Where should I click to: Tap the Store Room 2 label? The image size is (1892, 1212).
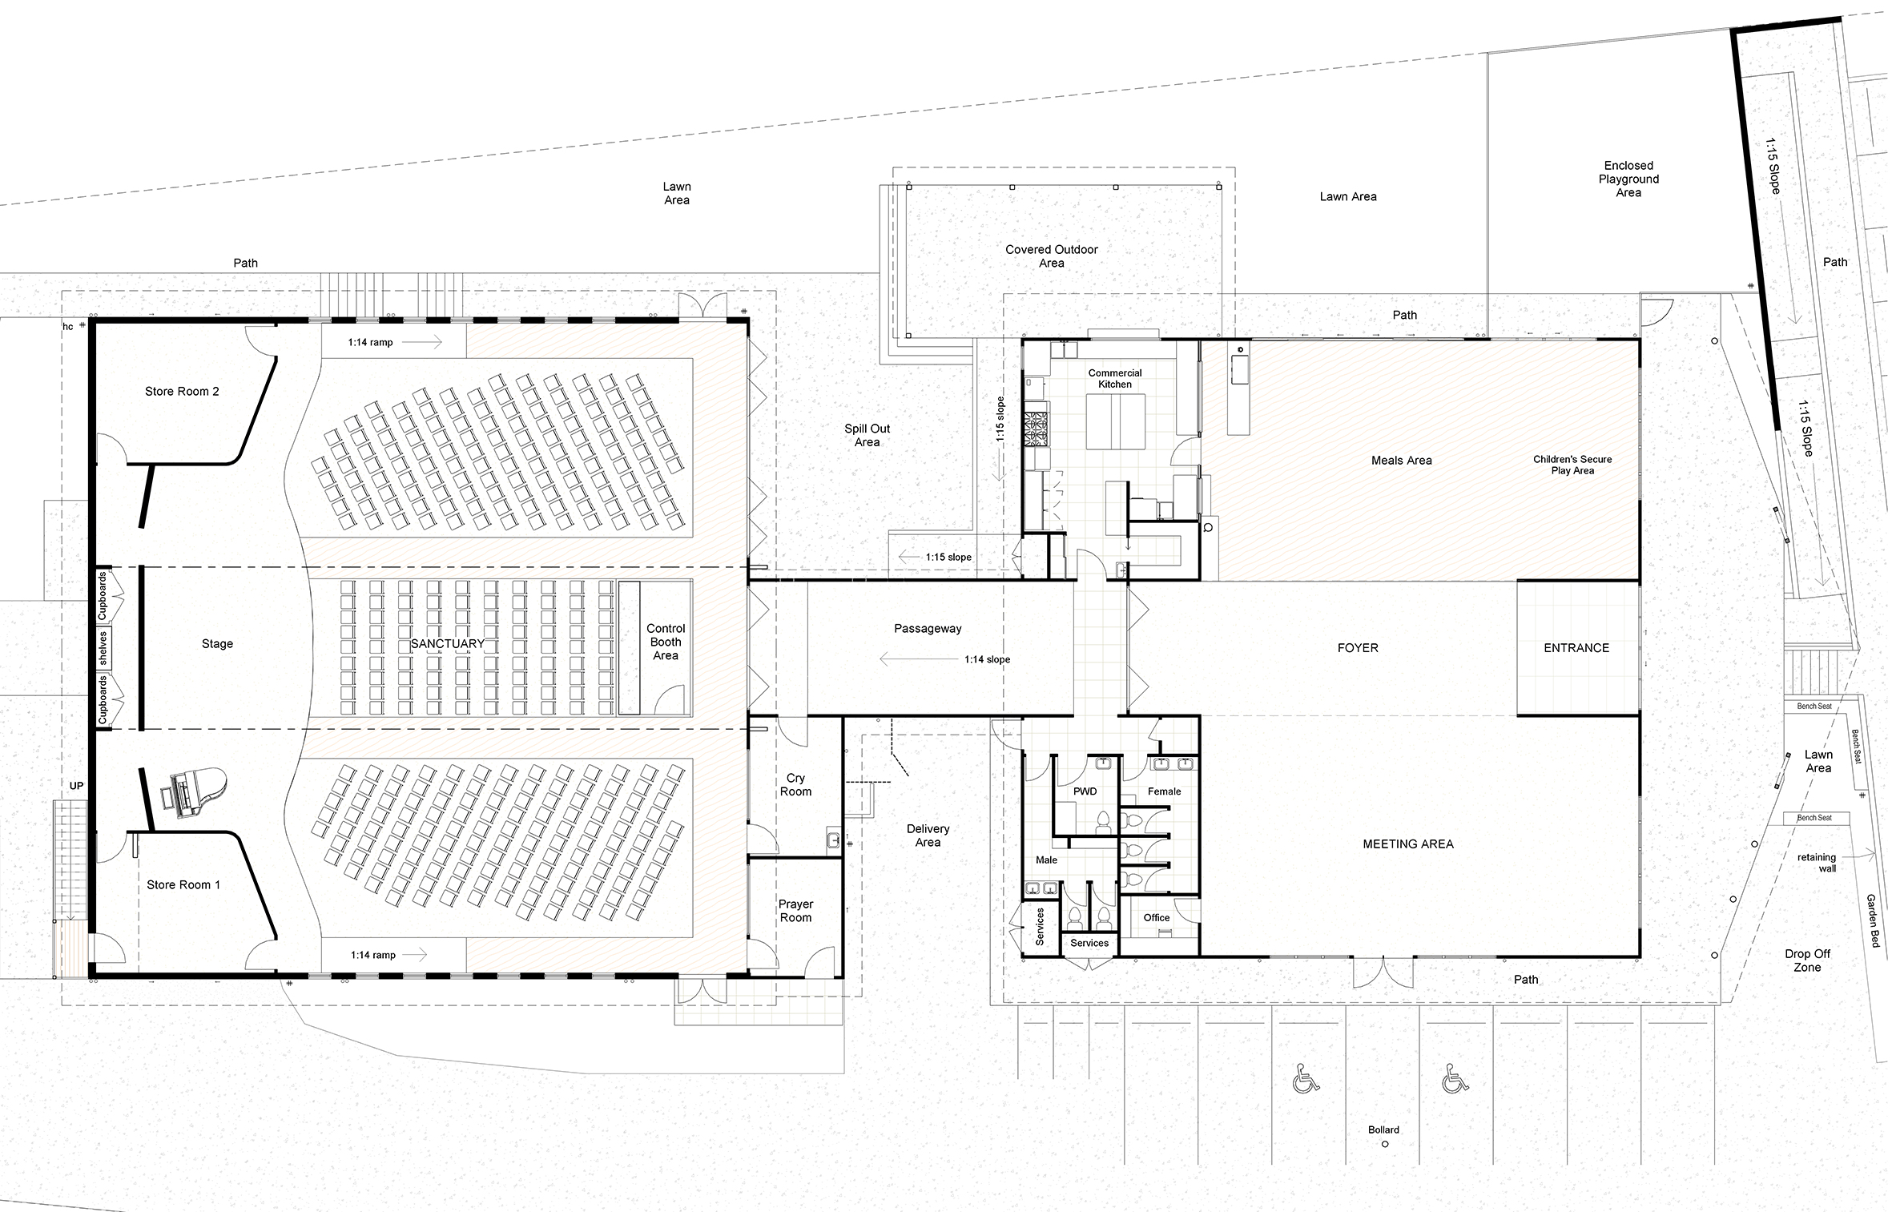pyautogui.click(x=182, y=392)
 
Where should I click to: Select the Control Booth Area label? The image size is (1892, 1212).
pyautogui.click(x=666, y=642)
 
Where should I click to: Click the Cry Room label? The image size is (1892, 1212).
pyautogui.click(x=795, y=785)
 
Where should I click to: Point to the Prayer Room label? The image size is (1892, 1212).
pyautogui.click(x=795, y=911)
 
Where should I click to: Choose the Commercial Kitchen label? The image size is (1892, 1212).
pyautogui.click(x=1115, y=379)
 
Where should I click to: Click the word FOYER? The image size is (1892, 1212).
pyautogui.click(x=1358, y=648)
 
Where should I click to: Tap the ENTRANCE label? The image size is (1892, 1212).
pyautogui.click(x=1576, y=648)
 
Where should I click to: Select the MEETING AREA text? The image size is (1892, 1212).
pyautogui.click(x=1408, y=844)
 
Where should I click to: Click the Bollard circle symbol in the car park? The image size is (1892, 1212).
pyautogui.click(x=1385, y=1144)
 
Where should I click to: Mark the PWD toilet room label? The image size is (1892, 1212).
pyautogui.click(x=1085, y=791)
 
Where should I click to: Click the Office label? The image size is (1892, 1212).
pyautogui.click(x=1156, y=918)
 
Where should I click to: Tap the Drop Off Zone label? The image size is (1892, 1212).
pyautogui.click(x=1807, y=960)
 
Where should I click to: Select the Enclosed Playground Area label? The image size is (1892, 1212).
pyautogui.click(x=1628, y=179)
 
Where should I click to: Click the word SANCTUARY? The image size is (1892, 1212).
pyautogui.click(x=448, y=644)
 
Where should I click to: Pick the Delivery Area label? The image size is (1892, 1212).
pyautogui.click(x=928, y=836)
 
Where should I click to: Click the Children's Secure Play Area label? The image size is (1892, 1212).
pyautogui.click(x=1572, y=465)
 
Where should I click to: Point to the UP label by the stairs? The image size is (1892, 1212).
pyautogui.click(x=76, y=786)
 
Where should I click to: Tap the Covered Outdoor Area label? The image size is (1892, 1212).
pyautogui.click(x=1052, y=256)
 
